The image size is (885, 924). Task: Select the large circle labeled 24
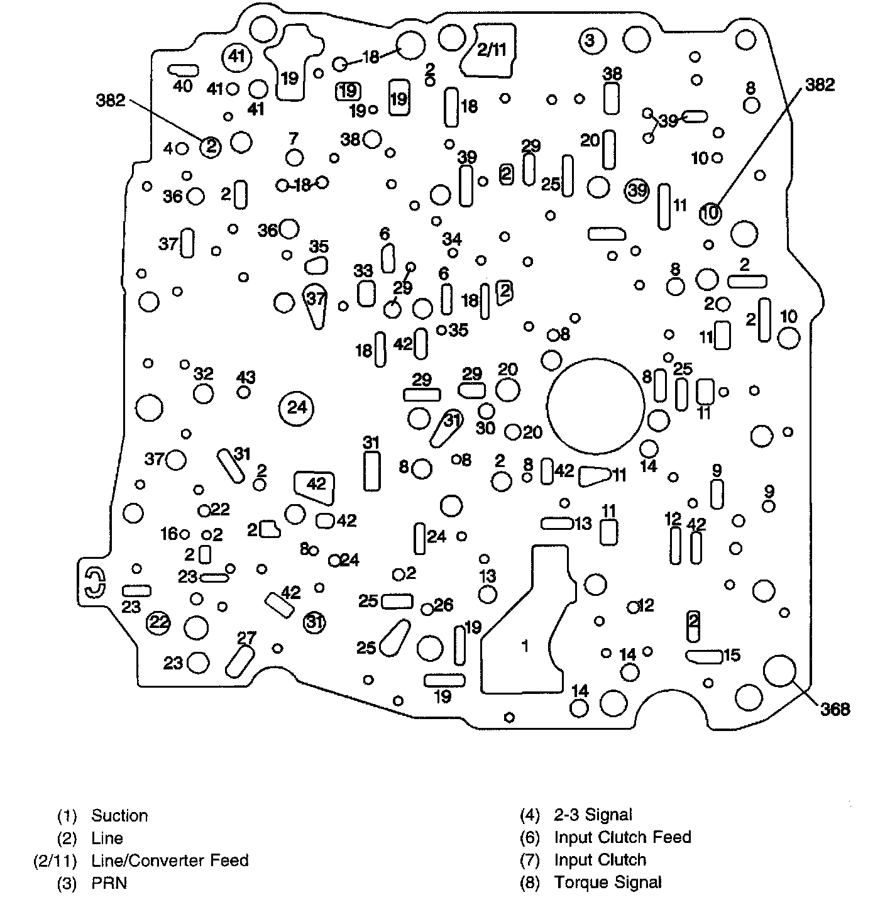coord(297,408)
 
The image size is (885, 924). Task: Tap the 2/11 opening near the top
coord(492,50)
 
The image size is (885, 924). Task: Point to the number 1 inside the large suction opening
coord(525,645)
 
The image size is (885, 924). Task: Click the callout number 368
coord(835,709)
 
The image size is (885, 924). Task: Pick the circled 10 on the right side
coord(710,214)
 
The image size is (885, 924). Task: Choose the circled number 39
coord(637,189)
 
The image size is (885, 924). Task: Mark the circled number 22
coord(158,623)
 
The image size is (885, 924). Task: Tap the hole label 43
coord(246,378)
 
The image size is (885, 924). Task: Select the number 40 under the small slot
coord(182,85)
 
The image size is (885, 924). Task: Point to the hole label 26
coord(444,605)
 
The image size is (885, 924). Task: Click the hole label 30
coord(485,428)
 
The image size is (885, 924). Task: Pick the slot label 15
coord(732,655)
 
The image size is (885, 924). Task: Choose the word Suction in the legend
coord(119,816)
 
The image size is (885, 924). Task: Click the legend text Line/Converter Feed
coord(170,860)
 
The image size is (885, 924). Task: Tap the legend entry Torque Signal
coord(607,883)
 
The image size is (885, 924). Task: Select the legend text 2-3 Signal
coord(593,815)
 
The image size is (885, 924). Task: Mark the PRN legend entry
coord(109,883)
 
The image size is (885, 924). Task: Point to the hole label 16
coord(169,534)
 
